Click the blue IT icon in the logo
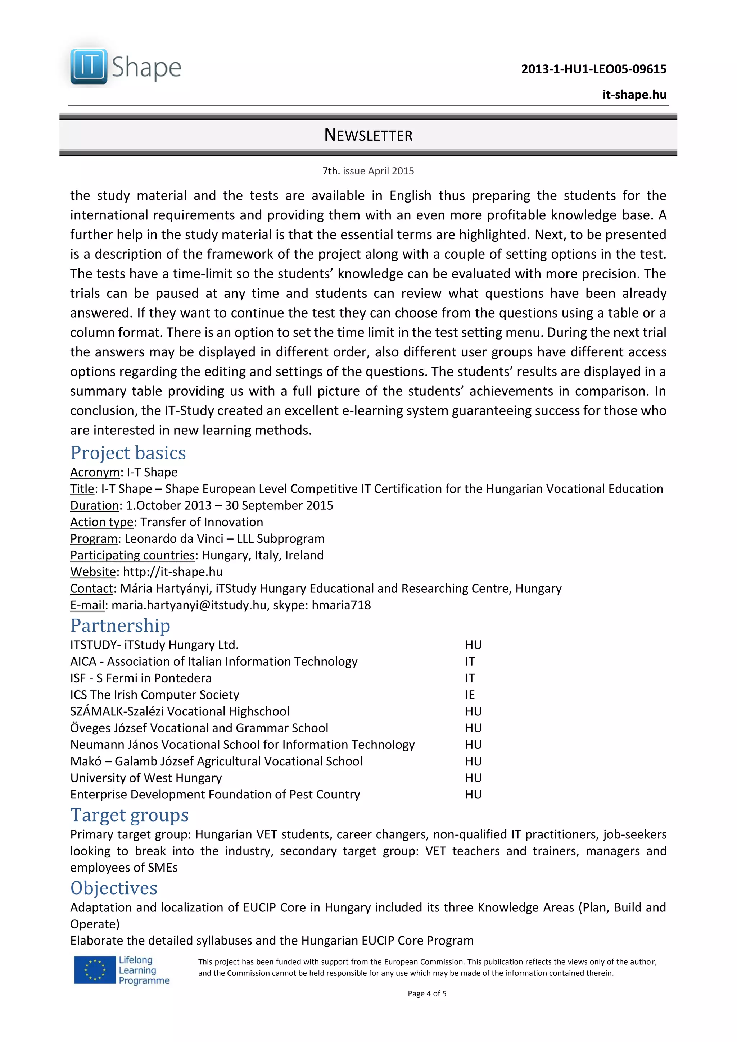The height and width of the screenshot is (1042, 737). click(x=89, y=66)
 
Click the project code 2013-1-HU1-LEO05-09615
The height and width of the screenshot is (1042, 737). click(x=593, y=69)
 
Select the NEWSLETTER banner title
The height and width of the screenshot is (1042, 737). click(x=368, y=135)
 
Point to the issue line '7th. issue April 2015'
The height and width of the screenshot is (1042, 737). click(x=368, y=171)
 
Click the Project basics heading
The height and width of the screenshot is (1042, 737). click(x=128, y=453)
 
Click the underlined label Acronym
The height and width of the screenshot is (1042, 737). click(x=94, y=472)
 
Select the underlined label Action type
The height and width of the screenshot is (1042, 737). click(x=102, y=522)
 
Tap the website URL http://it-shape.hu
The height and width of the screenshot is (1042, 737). click(x=173, y=572)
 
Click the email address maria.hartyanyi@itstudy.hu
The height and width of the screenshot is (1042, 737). click(x=189, y=605)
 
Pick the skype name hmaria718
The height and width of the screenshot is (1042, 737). click(x=341, y=605)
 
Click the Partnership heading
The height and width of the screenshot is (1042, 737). click(x=120, y=625)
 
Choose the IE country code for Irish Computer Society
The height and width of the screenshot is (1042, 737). click(x=470, y=695)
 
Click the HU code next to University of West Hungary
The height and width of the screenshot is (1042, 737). click(x=473, y=778)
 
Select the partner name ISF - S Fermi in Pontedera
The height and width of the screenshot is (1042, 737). click(x=141, y=678)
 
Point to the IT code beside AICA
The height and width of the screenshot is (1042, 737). click(x=470, y=662)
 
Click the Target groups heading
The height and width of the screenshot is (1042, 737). click(x=130, y=815)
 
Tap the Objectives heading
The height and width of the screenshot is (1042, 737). click(x=114, y=888)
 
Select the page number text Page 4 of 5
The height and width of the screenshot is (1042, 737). click(x=426, y=993)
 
